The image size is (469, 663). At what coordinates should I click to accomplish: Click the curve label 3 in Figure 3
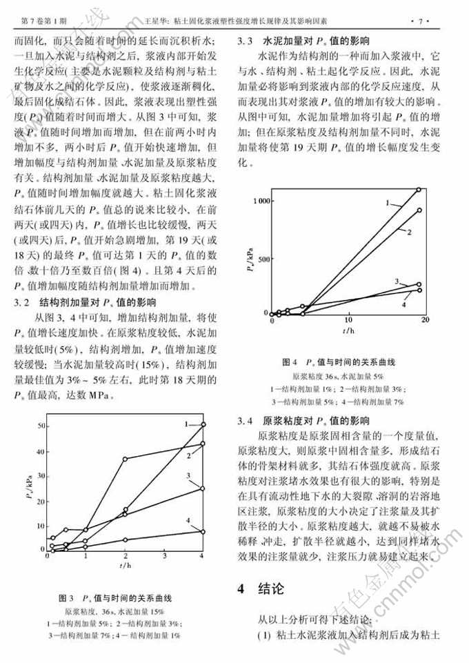pos(188,476)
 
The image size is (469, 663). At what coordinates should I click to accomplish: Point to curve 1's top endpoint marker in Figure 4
pos(419,189)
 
